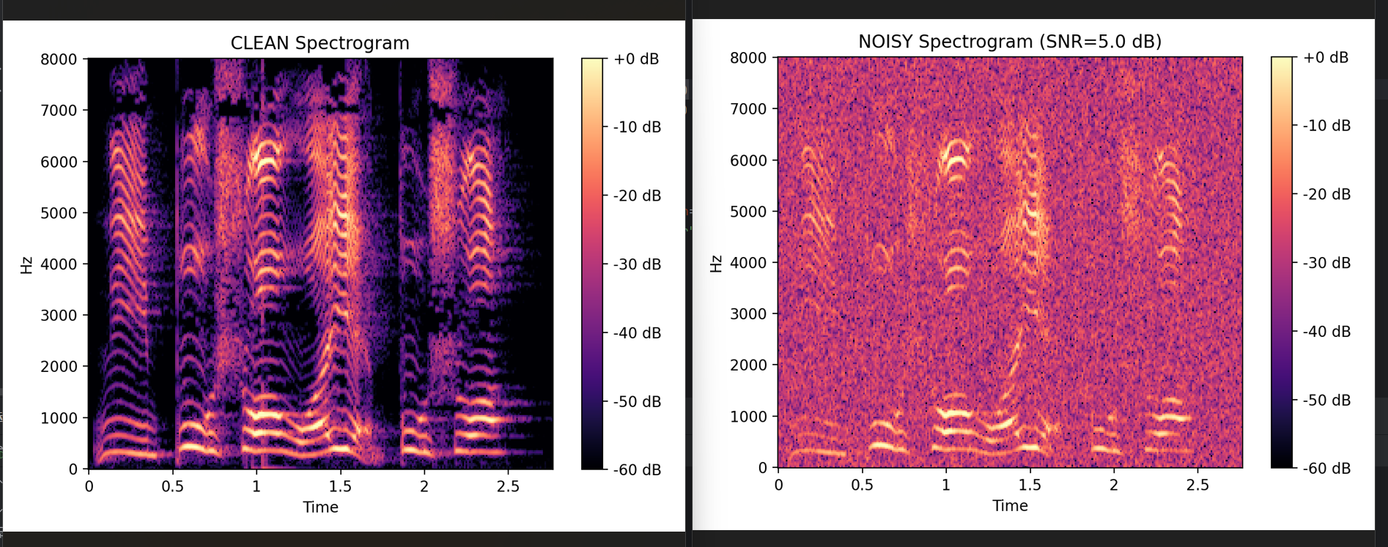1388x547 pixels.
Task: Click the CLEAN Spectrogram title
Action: (320, 43)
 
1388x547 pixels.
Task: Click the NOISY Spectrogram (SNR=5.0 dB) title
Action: (1009, 42)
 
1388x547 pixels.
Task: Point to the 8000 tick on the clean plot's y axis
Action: (59, 59)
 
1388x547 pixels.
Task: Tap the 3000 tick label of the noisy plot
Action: (747, 314)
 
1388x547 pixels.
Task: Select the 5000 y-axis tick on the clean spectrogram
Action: (59, 213)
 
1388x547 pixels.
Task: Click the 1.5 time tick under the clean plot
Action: (340, 486)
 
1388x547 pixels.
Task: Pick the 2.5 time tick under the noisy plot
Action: (1197, 485)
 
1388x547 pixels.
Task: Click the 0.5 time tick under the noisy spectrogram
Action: (862, 485)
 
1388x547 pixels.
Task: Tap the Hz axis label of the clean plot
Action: (26, 264)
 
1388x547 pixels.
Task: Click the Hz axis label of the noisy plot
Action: (716, 263)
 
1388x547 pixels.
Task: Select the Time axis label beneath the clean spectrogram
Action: (320, 507)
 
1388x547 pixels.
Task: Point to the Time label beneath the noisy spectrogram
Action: (1010, 505)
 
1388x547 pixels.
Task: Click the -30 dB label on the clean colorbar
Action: (637, 264)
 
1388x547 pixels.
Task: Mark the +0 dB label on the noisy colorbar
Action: (1326, 58)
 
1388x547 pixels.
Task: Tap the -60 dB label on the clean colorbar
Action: (637, 470)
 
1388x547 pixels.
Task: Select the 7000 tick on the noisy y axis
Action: (747, 109)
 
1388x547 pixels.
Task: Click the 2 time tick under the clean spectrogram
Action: (424, 486)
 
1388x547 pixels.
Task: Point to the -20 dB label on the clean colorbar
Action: (637, 196)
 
